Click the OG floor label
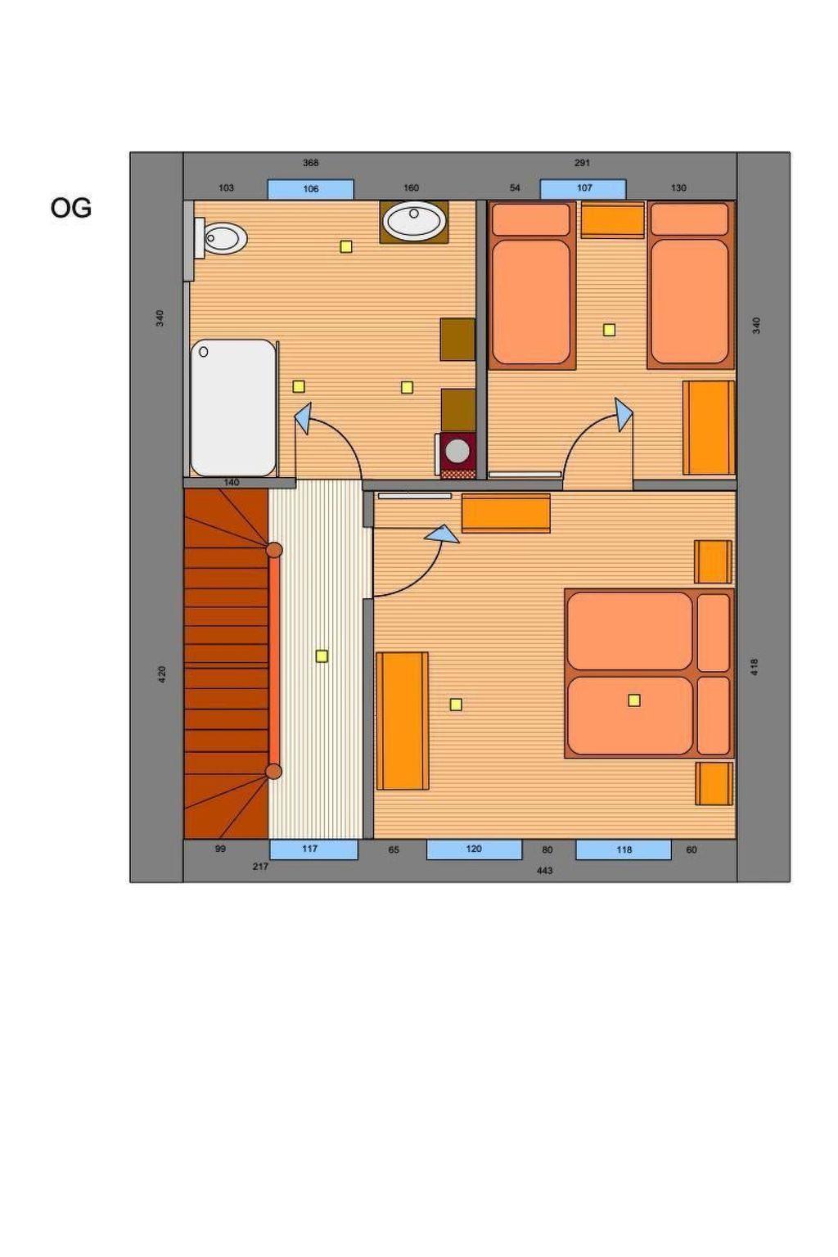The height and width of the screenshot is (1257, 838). (x=70, y=208)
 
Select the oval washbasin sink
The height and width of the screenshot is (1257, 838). (x=413, y=220)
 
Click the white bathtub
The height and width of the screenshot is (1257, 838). (x=233, y=408)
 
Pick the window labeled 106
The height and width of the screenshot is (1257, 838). (x=310, y=189)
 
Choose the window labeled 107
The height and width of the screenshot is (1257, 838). (x=583, y=188)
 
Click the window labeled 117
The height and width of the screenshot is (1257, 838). (x=313, y=849)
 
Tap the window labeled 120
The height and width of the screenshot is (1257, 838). (x=474, y=849)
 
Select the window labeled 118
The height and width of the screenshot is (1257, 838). (x=623, y=849)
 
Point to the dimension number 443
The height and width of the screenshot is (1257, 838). (x=544, y=871)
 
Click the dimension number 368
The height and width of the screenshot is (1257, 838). (x=310, y=163)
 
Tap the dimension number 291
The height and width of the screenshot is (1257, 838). (x=582, y=163)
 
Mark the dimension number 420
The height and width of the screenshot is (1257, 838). (x=162, y=674)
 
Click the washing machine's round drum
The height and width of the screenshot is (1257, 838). (x=457, y=451)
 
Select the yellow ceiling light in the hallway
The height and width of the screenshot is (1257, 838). (x=322, y=656)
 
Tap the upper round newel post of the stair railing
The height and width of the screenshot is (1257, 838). (x=274, y=550)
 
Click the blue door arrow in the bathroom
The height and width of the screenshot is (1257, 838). (x=303, y=418)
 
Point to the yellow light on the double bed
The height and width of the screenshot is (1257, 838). (x=634, y=700)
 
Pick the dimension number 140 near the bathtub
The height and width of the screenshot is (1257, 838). (x=232, y=482)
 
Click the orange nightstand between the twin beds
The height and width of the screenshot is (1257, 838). (x=612, y=220)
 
